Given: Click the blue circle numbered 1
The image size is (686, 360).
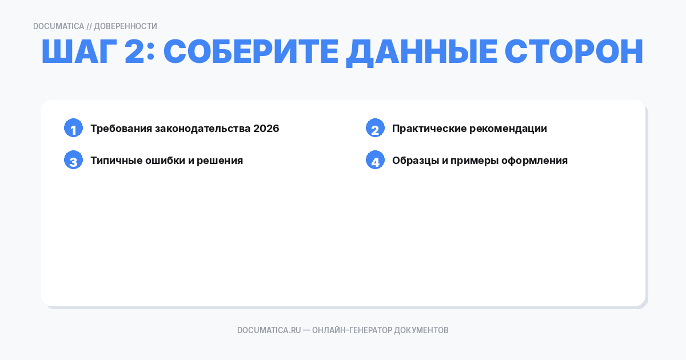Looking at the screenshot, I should tap(73, 128).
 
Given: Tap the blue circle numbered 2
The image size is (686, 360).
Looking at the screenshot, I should tap(375, 128).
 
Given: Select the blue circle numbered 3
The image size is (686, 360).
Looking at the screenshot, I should tap(73, 160).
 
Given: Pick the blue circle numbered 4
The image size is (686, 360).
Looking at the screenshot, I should tap(375, 160).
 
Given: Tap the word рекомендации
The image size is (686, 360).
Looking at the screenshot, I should tap(508, 129).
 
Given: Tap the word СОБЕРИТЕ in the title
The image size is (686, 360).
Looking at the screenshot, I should tap(249, 53).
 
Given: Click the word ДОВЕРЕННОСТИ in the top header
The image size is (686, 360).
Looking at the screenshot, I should tap(125, 26).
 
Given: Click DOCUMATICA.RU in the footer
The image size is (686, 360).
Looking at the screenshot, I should tap(269, 330).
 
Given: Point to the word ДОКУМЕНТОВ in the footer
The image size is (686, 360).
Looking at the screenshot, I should tap(421, 330).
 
